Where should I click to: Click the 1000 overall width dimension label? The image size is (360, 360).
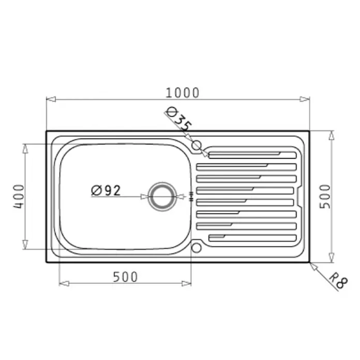pos(182,93)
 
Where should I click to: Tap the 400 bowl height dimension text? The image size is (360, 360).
pos(19,197)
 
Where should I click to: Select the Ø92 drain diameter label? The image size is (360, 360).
pos(106,190)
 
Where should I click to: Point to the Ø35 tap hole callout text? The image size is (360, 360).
pos(178,119)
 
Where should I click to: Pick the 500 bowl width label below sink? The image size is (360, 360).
pos(125,277)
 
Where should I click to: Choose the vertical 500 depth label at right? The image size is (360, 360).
pos(325,197)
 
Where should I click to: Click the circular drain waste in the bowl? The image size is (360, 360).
pos(162,197)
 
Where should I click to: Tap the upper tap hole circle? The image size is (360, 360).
pos(197,145)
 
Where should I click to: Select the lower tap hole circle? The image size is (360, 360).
pos(197,248)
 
